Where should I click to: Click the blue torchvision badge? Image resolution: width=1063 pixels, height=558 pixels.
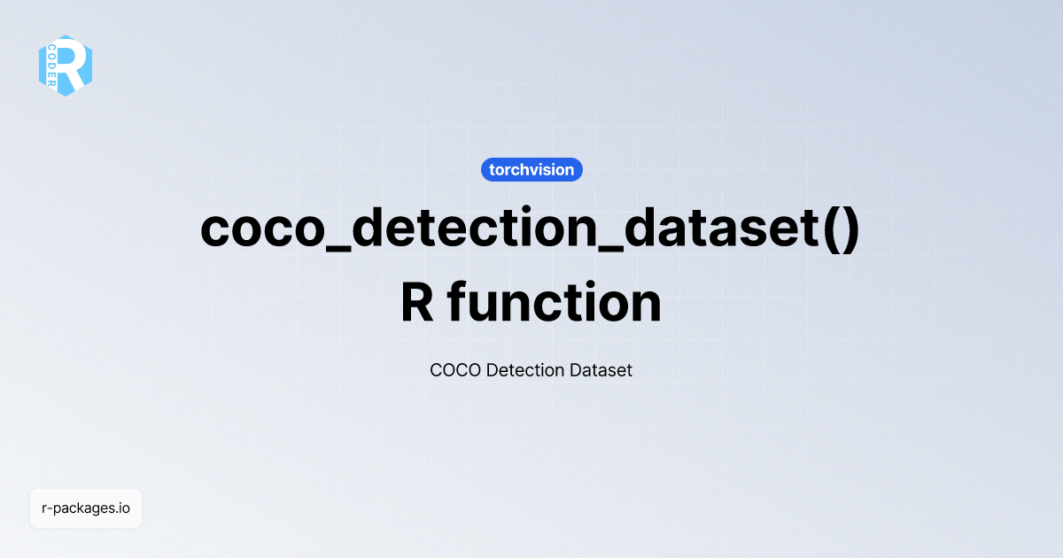(531, 169)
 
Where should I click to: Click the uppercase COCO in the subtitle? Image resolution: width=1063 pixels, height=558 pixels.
(455, 370)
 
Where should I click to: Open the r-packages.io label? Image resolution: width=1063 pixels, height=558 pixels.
(86, 508)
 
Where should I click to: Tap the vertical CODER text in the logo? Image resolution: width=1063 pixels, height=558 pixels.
(52, 65)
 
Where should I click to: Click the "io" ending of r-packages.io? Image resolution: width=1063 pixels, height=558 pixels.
(124, 508)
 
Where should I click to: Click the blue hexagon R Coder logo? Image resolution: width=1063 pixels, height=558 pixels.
(66, 65)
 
